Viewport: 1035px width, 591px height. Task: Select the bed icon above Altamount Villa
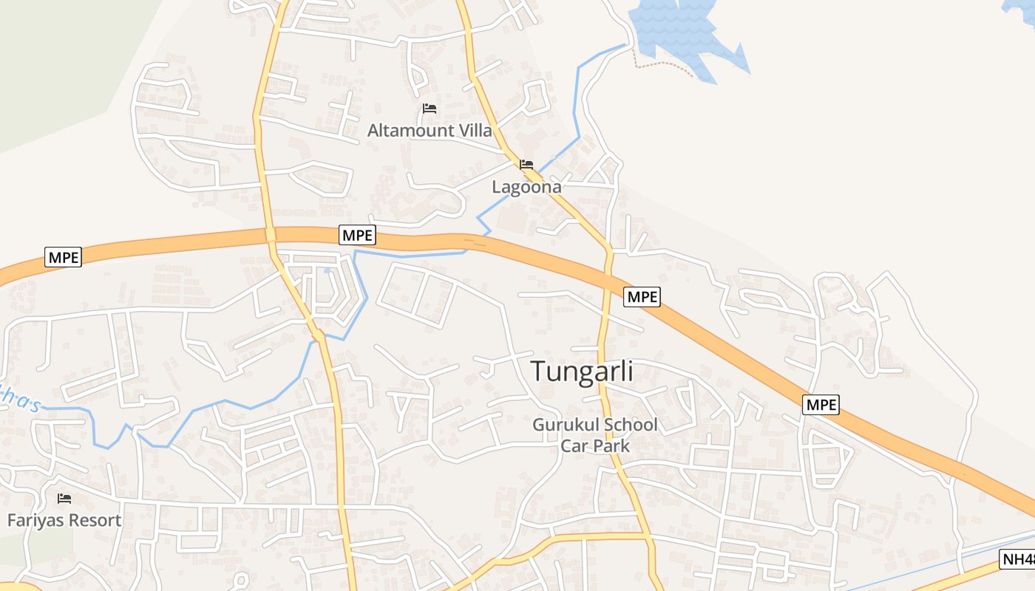click(430, 109)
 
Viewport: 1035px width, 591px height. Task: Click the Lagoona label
click(526, 187)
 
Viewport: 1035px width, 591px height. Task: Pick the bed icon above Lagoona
click(526, 164)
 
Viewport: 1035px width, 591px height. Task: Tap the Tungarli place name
click(583, 371)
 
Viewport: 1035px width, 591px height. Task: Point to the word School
click(630, 425)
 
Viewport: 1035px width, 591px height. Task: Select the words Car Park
click(595, 445)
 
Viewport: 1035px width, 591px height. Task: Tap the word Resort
click(95, 520)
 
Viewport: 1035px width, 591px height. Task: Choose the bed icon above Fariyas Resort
click(64, 499)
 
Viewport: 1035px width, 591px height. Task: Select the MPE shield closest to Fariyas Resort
click(63, 257)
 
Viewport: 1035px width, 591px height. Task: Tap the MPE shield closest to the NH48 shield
click(821, 405)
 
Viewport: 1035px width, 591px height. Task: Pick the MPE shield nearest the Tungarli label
click(642, 297)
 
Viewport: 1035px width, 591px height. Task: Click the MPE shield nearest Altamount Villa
click(358, 235)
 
